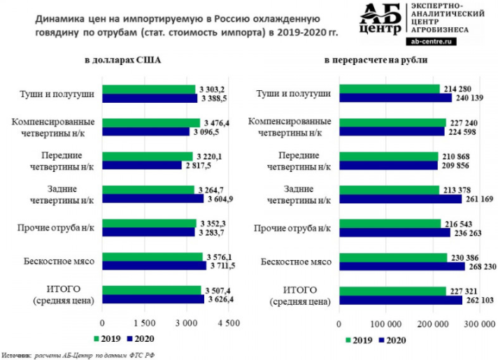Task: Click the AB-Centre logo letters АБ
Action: [378, 15]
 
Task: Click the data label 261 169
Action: [479, 199]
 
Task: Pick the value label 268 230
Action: [484, 266]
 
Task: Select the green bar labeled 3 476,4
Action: [150, 123]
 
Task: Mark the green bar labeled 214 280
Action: [389, 89]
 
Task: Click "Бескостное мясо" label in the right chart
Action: [296, 261]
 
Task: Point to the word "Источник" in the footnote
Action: [15, 354]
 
